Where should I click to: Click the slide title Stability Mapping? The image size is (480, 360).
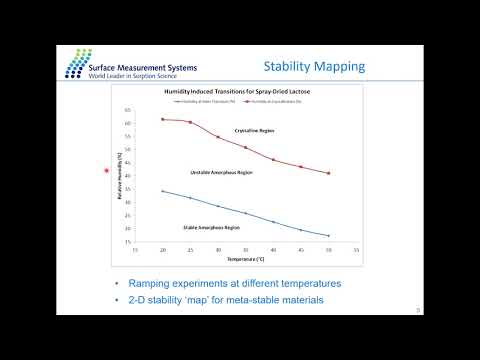click(313, 68)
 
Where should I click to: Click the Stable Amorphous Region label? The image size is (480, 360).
click(211, 227)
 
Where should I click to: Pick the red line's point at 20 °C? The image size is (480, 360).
click(163, 119)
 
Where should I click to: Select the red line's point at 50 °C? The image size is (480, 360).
click(329, 173)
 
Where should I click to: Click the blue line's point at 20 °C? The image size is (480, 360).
click(163, 191)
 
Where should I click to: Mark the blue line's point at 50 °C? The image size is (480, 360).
click(329, 236)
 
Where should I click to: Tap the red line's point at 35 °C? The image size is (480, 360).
click(246, 147)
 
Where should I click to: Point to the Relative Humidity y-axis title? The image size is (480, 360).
click(119, 175)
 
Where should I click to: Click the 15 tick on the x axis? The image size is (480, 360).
click(135, 250)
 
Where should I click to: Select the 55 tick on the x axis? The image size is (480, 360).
click(357, 250)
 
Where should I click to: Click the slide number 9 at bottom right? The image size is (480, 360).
click(416, 311)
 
